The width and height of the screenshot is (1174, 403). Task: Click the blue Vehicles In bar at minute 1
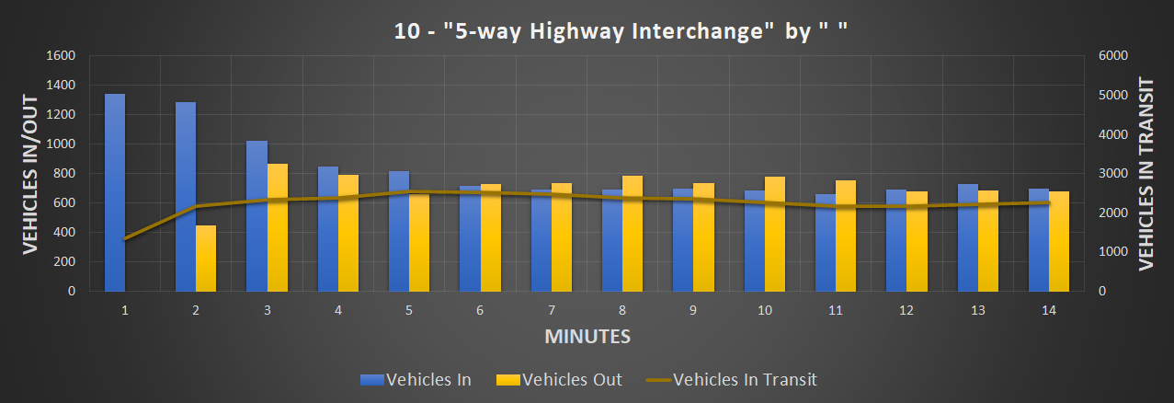114,192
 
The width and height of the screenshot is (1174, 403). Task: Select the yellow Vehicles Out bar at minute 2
205,259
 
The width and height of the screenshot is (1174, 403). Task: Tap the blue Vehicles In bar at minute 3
256,216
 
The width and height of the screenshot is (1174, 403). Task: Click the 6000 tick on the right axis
1113,55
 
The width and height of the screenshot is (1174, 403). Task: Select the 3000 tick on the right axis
1113,173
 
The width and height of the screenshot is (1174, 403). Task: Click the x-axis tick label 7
551,311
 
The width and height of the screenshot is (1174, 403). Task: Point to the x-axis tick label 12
906,311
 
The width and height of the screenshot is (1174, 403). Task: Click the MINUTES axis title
587,336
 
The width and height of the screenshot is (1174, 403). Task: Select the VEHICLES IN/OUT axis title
29,174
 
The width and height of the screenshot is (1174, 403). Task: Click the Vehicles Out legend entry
570,379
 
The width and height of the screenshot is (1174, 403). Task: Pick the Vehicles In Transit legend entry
744,379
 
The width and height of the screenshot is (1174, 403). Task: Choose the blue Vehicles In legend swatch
371,379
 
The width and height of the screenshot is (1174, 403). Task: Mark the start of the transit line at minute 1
124,239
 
